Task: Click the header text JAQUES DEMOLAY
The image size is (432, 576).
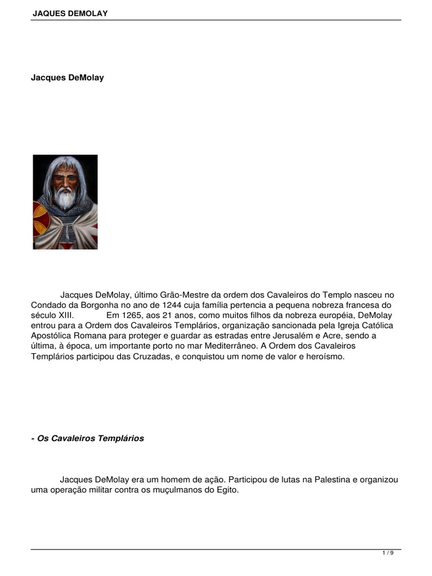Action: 70,13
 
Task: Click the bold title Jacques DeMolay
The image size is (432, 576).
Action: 67,78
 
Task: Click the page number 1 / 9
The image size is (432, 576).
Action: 388,553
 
